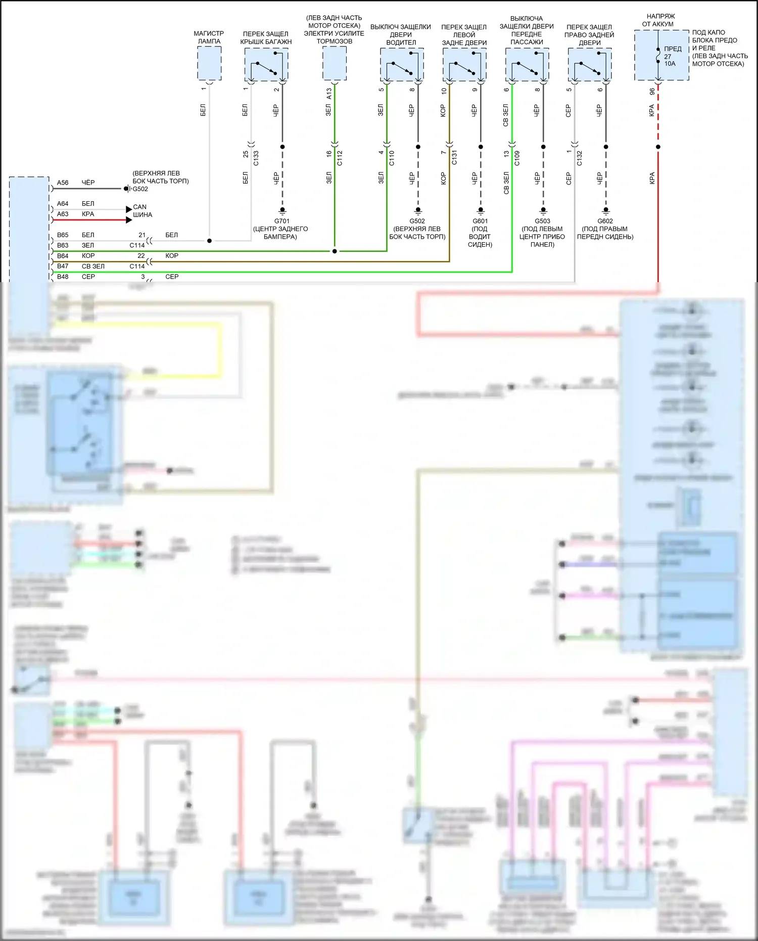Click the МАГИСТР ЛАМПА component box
[209, 63]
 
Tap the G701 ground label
[282, 221]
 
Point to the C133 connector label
[256, 158]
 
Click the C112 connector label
[340, 158]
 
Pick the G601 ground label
[480, 221]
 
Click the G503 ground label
[542, 221]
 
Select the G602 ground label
[605, 221]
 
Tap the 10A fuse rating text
[670, 64]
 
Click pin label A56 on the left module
[63, 183]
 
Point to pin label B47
[63, 266]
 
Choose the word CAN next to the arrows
[140, 207]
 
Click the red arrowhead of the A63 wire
[129, 220]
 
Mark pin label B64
[63, 256]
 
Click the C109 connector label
[517, 158]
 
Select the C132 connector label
[580, 158]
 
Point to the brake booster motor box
[335, 63]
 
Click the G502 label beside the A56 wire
[140, 189]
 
